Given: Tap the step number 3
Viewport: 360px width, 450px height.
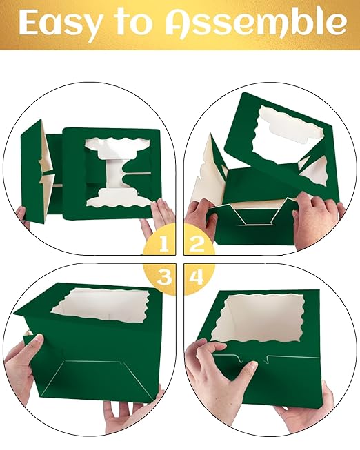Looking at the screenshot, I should tap(163, 277).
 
